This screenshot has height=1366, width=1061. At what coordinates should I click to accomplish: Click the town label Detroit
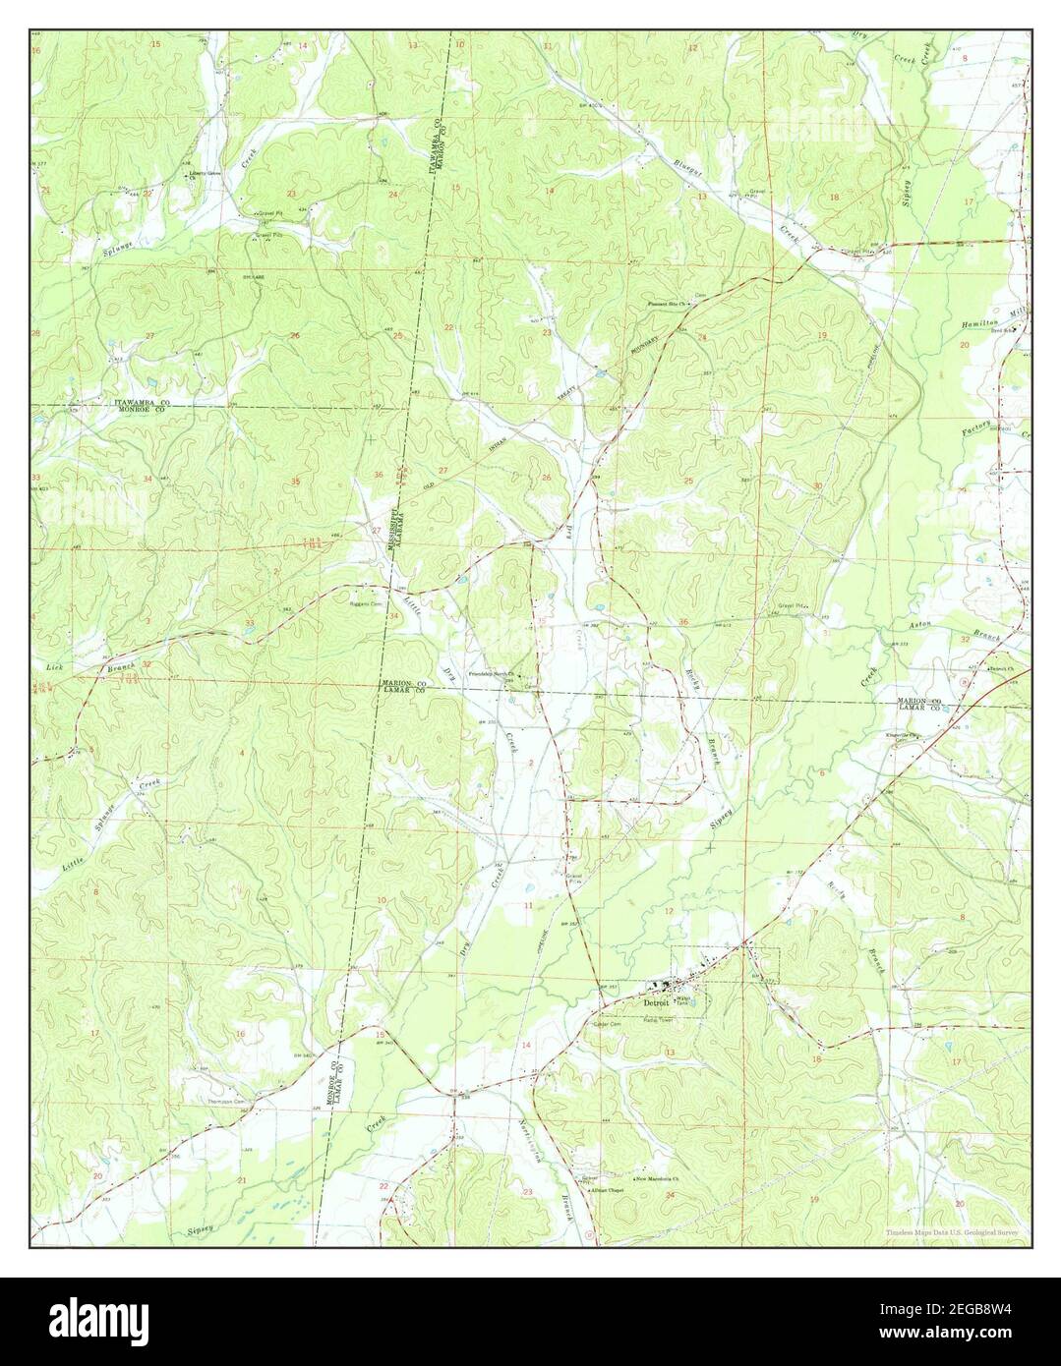(x=654, y=1003)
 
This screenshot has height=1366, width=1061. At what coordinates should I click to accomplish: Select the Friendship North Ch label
(x=491, y=674)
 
